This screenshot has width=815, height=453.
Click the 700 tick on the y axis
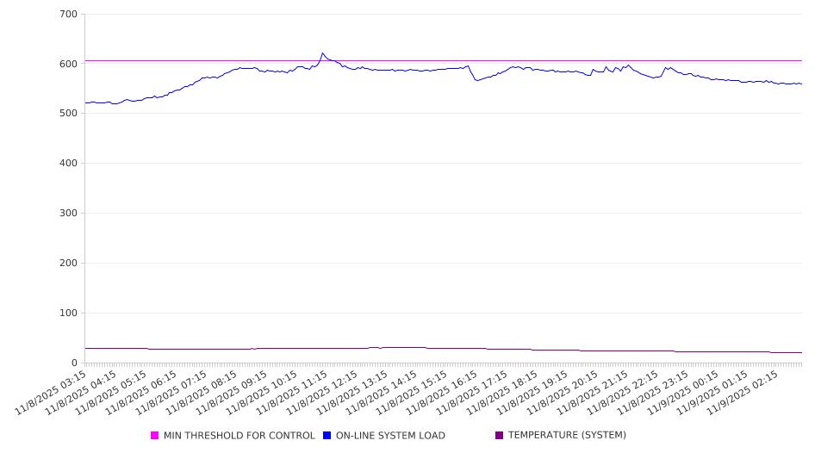pos(68,15)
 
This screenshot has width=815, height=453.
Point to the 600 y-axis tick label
pos(68,64)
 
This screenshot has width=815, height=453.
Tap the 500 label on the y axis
pos(68,114)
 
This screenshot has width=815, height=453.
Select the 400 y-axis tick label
pos(68,164)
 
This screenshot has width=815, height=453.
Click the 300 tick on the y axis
pos(68,214)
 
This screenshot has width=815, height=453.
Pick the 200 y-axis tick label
pos(68,264)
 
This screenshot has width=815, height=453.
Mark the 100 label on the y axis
pos(68,313)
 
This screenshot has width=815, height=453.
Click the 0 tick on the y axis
pos(74,363)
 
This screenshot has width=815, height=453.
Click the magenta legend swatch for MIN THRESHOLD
pos(155,436)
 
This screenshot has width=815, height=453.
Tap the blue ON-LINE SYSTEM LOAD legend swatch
pos(327,436)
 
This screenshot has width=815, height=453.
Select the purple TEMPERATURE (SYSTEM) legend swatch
pos(500,436)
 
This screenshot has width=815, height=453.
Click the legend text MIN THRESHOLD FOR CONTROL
pos(239,436)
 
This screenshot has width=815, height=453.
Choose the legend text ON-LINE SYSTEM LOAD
pos(390,436)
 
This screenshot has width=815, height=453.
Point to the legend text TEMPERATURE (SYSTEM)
pos(567,436)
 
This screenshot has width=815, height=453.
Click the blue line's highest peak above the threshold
pos(323,53)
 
